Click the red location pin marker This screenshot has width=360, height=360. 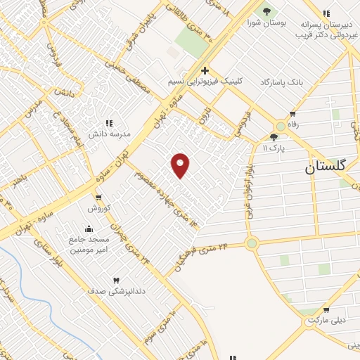[181, 165]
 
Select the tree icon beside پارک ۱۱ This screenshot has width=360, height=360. [274, 136]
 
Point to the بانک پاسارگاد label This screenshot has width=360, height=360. [300, 82]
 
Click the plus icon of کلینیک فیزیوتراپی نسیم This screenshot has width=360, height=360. [205, 70]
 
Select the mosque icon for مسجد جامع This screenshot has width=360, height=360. [89, 229]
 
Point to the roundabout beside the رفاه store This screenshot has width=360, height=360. [281, 126]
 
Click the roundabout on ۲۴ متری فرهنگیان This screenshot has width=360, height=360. [252, 243]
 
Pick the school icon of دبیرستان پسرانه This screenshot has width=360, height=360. [326, 13]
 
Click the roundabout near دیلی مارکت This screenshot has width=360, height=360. [310, 321]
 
